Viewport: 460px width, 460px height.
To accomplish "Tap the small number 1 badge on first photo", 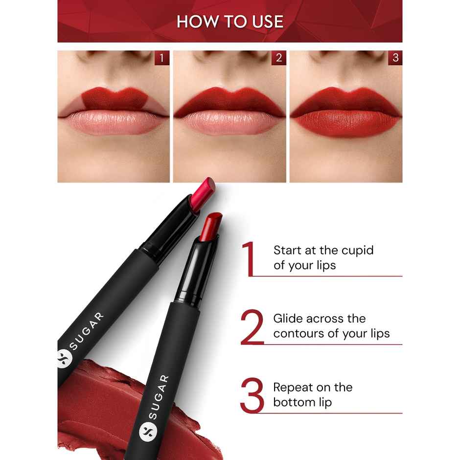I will click(x=162, y=58).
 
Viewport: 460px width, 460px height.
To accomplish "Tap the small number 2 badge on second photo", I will click(x=278, y=58).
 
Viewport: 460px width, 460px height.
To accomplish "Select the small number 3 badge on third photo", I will click(x=395, y=58).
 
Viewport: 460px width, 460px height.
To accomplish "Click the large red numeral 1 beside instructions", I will click(x=250, y=258).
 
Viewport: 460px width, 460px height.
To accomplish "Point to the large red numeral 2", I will click(x=252, y=327).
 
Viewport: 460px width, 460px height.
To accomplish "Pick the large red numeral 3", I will click(x=252, y=395).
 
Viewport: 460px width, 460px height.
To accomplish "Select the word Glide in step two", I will click(x=288, y=319).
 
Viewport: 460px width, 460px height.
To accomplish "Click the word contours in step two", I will click(x=296, y=334).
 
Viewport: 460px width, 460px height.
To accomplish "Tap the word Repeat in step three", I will click(x=293, y=387).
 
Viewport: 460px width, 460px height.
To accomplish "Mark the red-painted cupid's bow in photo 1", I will click(x=114, y=95).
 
